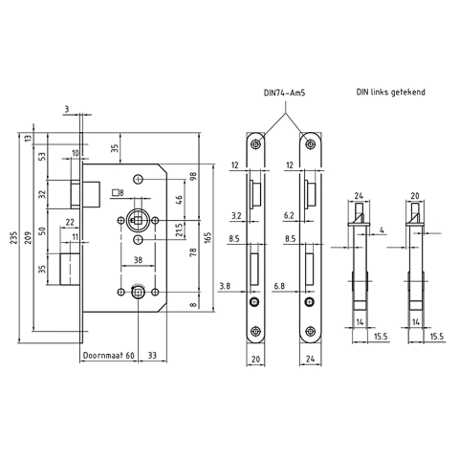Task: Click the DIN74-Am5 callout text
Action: click(x=284, y=93)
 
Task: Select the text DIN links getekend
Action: click(x=391, y=92)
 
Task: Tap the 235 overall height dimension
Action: click(x=13, y=238)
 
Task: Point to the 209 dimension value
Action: click(x=28, y=238)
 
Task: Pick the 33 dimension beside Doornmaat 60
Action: click(x=152, y=355)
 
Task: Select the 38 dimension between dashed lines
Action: click(x=138, y=260)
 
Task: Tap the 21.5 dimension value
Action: click(x=179, y=230)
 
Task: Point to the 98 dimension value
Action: click(x=194, y=176)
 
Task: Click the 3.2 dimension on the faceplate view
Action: click(x=236, y=216)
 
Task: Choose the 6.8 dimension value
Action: click(x=279, y=285)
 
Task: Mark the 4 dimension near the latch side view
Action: click(x=382, y=230)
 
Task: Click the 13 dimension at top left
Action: click(x=28, y=139)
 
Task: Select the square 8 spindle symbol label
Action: click(x=118, y=193)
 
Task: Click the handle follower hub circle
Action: click(x=138, y=220)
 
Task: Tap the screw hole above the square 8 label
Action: click(x=138, y=179)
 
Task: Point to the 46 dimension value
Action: click(x=179, y=200)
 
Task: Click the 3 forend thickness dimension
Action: click(x=67, y=109)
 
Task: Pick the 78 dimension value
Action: click(x=194, y=252)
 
